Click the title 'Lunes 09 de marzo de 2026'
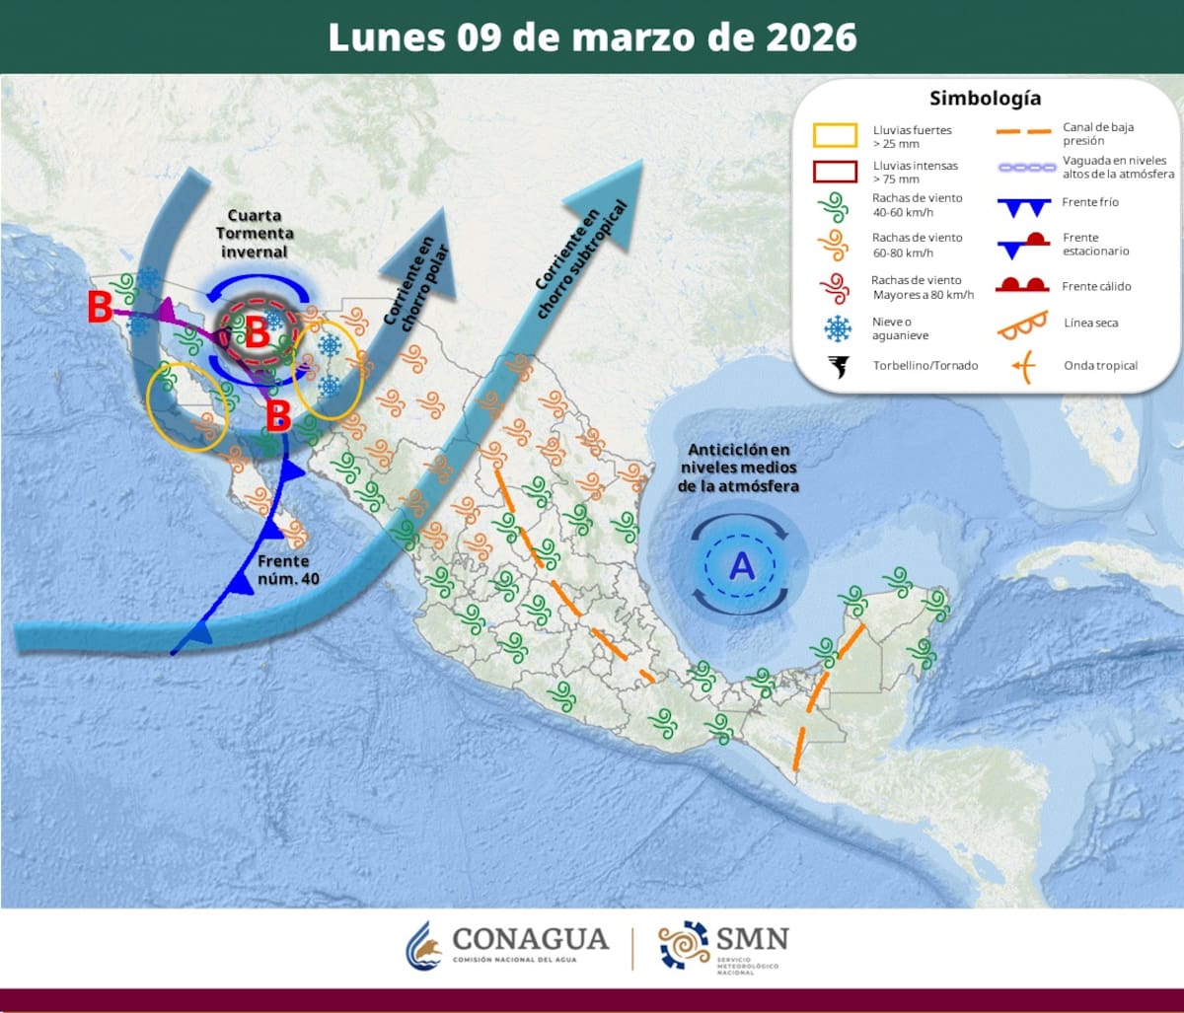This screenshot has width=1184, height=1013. tap(592, 37)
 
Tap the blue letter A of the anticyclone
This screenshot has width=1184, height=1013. tap(740, 566)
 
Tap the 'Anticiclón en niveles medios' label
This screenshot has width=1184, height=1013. tap(739, 468)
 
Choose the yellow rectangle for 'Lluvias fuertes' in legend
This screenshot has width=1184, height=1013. tap(835, 136)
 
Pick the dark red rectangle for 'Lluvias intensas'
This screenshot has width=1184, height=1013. tap(835, 172)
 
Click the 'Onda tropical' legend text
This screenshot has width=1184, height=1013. tap(1100, 366)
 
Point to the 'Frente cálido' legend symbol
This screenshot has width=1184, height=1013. tap(1021, 286)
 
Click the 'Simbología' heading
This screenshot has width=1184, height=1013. tap(985, 99)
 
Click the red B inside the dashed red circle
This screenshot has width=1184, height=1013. tap(257, 333)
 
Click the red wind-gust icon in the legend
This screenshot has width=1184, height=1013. tap(835, 287)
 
